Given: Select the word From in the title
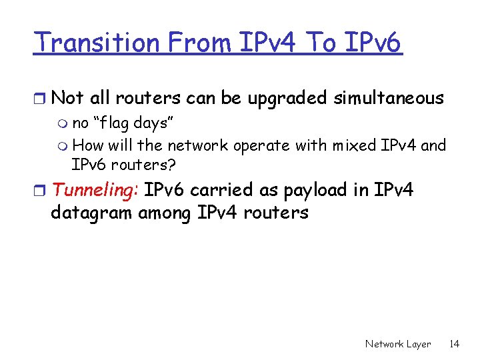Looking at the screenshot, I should pos(199,43).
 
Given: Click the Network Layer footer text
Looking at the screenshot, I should pos(397,344).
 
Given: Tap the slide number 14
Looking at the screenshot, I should pos(454,344).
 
